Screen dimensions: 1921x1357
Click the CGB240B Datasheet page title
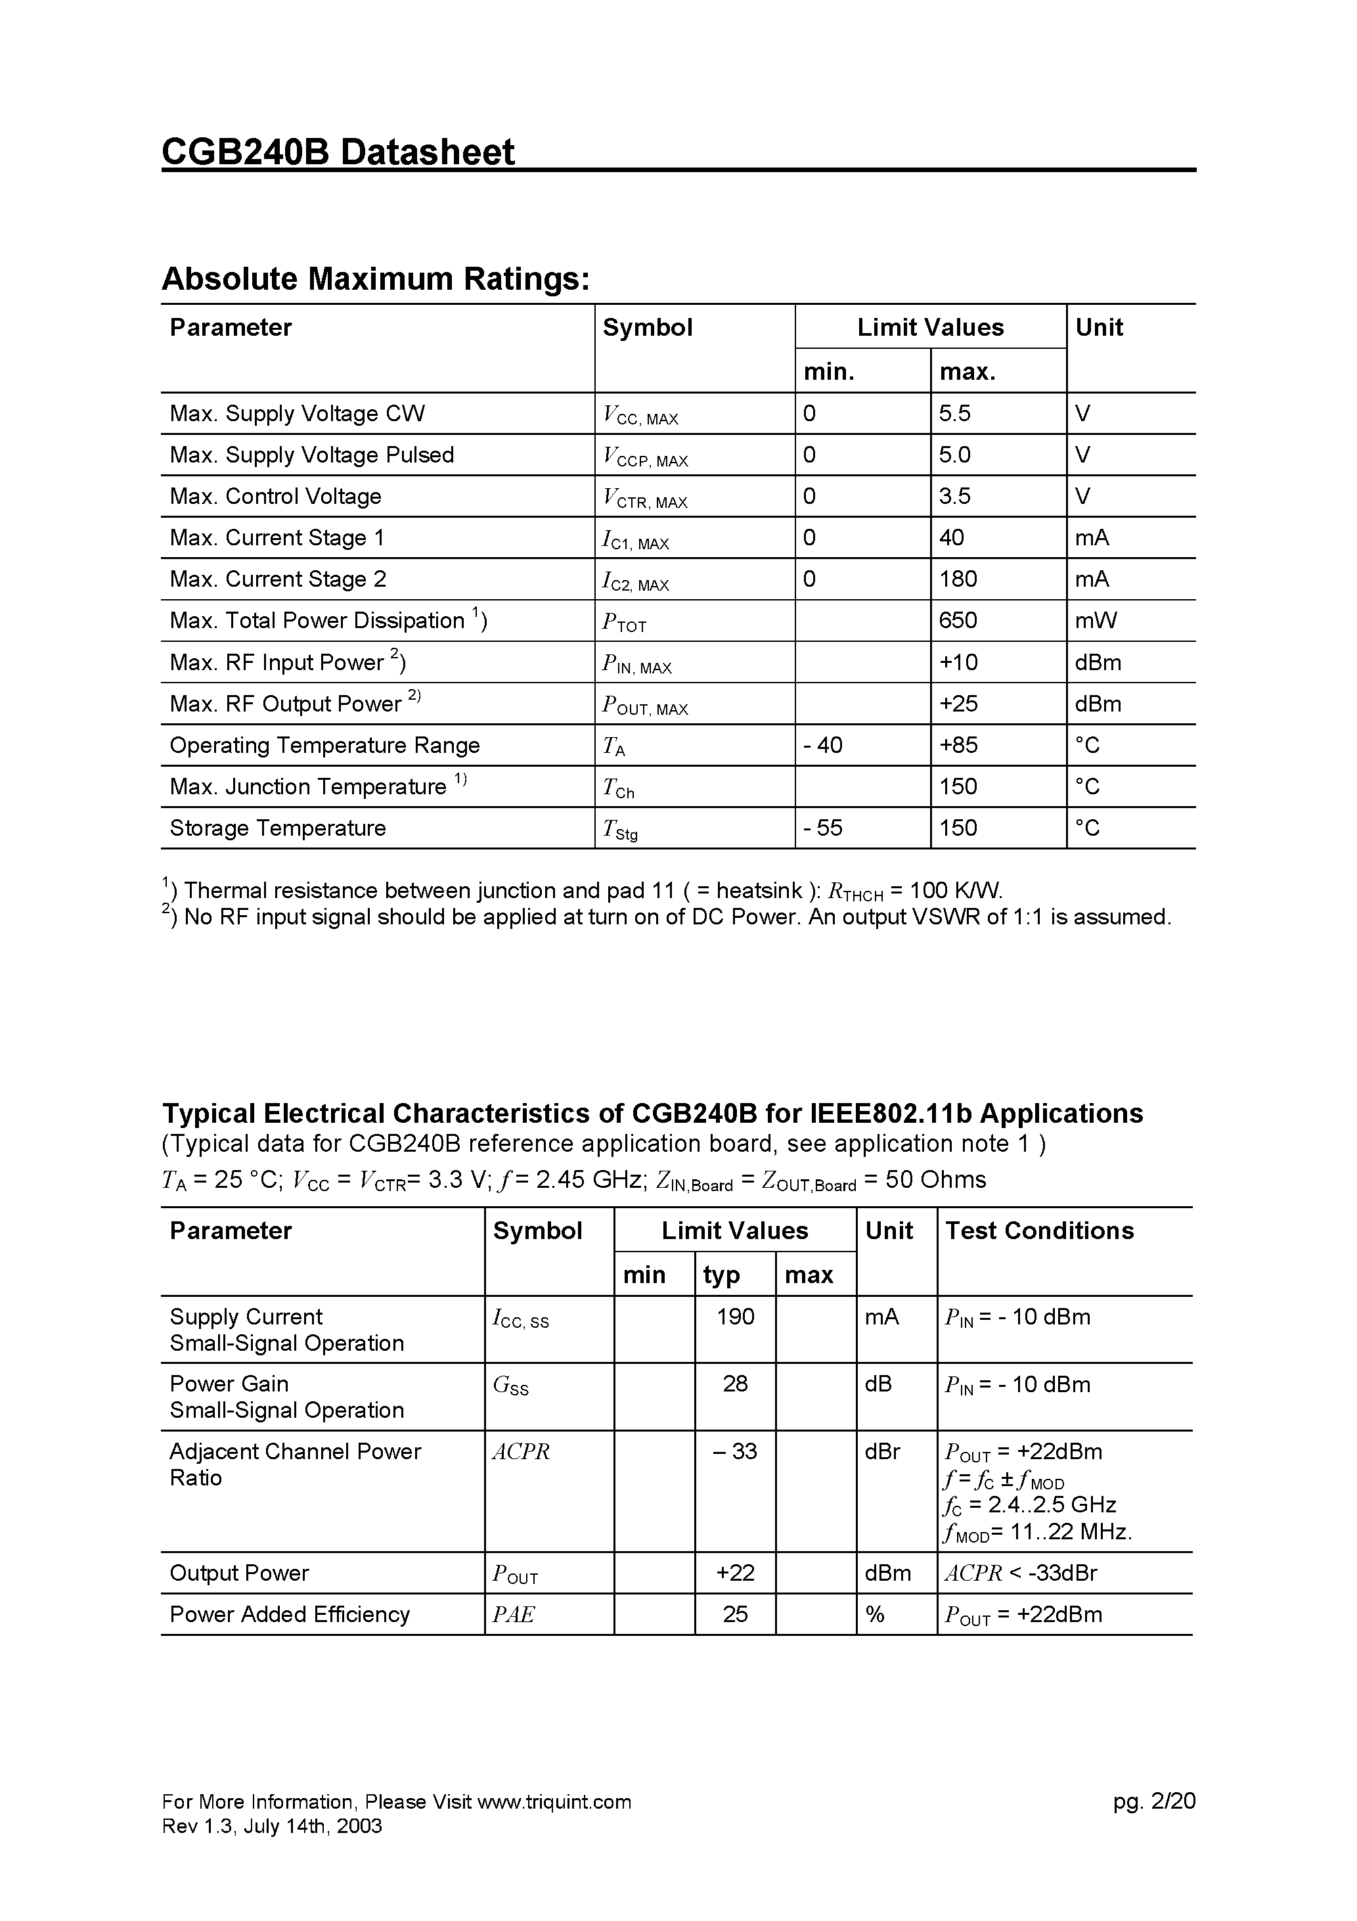(x=338, y=152)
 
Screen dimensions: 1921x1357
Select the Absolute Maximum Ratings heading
(x=376, y=279)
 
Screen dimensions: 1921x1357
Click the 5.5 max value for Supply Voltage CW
(x=954, y=413)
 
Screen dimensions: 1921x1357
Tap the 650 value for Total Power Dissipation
(x=958, y=620)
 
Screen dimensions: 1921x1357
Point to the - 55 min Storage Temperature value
(x=822, y=828)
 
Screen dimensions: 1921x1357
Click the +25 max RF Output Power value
(x=958, y=704)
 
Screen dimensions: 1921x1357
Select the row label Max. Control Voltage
(x=275, y=496)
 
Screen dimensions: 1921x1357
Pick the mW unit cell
(x=1096, y=620)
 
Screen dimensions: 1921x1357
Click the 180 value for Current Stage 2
(x=958, y=579)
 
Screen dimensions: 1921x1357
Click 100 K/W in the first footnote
(x=954, y=890)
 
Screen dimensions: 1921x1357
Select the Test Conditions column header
(x=1039, y=1231)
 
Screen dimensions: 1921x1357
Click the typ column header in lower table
(x=721, y=1275)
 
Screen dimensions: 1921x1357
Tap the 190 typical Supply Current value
(x=736, y=1317)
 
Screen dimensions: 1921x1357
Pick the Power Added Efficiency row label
(x=290, y=1614)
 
